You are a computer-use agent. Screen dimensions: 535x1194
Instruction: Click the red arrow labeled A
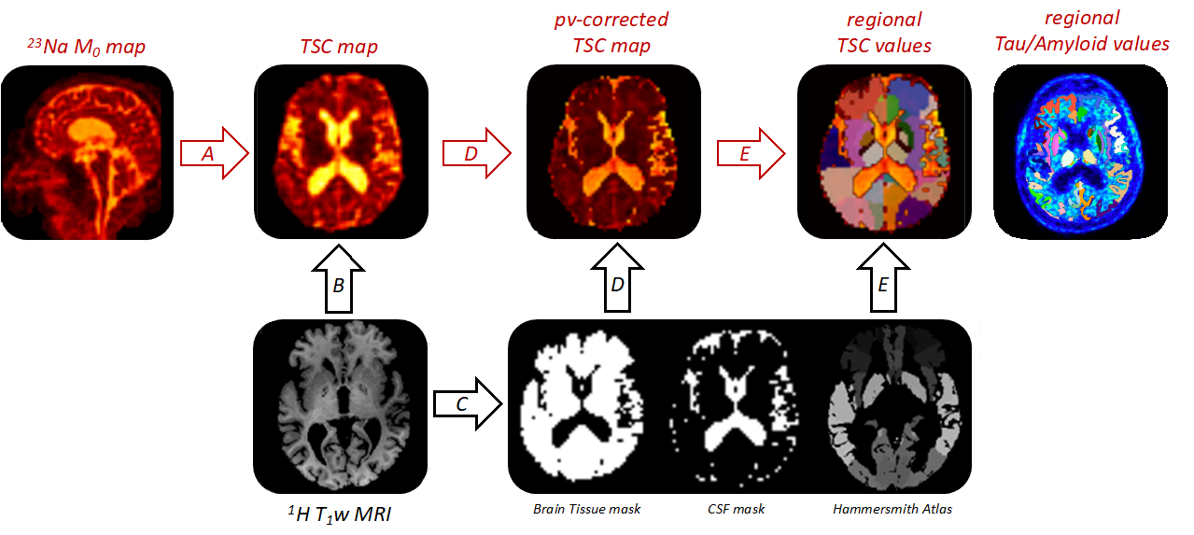pos(214,154)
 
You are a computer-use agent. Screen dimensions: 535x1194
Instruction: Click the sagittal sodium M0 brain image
pos(89,151)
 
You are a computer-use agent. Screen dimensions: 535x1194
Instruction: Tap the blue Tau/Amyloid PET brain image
pos(1080,153)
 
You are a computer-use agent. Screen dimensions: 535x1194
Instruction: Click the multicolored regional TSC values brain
pos(883,153)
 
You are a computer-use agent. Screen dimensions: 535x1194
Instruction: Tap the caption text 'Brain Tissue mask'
pos(585,510)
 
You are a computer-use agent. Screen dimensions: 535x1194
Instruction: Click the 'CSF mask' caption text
pos(736,510)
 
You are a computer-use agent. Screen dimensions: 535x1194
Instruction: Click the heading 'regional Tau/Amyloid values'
pos(1082,31)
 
